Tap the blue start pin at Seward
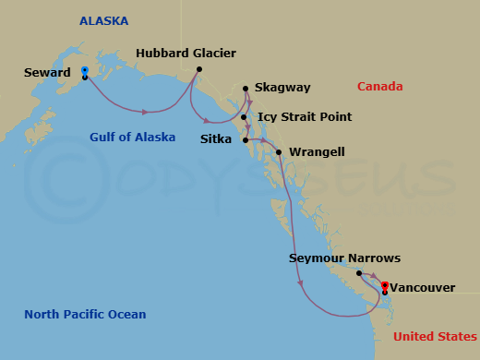pyautogui.click(x=84, y=70)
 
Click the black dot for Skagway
pyautogui.click(x=246, y=89)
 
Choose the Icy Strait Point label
pyautogui.click(x=305, y=117)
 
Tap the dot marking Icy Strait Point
pyautogui.click(x=244, y=117)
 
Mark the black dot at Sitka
pyautogui.click(x=245, y=140)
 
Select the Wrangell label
pyautogui.click(x=312, y=151)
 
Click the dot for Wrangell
pyautogui.click(x=278, y=151)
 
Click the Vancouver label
pyautogui.click(x=422, y=288)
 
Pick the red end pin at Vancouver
pyautogui.click(x=384, y=286)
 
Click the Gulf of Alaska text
pyautogui.click(x=132, y=138)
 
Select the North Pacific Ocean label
pyautogui.click(x=85, y=315)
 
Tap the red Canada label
pyautogui.click(x=380, y=88)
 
